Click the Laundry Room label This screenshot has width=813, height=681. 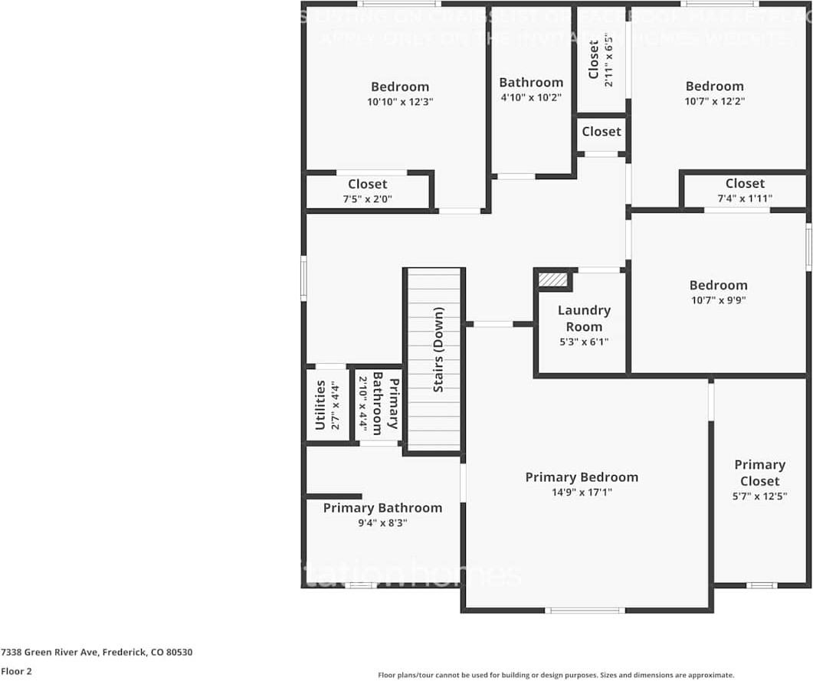584,319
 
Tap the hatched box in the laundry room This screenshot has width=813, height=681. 552,280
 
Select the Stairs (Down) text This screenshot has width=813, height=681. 438,350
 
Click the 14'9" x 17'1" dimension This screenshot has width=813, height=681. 581,493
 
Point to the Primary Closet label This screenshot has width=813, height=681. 759,473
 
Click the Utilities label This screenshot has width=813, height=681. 320,404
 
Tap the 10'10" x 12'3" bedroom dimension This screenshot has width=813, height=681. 400,101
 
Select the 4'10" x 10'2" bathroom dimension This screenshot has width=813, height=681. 531,97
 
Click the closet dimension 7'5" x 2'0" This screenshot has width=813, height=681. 367,198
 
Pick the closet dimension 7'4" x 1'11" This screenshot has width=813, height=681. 744,198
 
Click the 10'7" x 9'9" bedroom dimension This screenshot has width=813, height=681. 718,300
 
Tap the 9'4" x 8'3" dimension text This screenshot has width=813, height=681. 382,522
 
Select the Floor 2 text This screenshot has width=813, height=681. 16,671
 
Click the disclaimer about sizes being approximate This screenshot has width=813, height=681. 556,675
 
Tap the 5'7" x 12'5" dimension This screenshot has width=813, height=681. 759,496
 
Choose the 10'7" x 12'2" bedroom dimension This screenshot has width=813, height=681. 714,100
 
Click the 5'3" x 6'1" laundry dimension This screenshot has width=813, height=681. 584,342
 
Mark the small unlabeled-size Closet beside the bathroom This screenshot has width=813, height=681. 601,132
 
